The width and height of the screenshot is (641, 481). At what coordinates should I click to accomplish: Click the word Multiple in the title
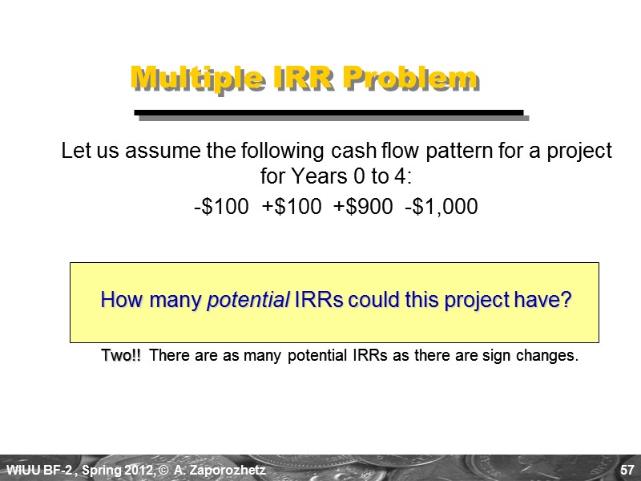point(185,78)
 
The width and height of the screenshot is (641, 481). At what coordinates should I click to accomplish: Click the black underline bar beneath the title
point(329,112)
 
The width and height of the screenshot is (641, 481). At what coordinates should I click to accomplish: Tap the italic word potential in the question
point(248,301)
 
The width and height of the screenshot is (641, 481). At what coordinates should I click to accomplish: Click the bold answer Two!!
point(121,355)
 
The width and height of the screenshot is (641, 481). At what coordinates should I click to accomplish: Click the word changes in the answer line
point(550,355)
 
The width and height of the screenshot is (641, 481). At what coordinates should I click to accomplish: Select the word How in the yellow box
point(119,301)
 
